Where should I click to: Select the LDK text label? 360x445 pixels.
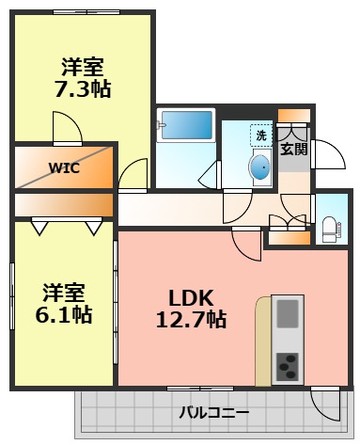[x=191, y=294]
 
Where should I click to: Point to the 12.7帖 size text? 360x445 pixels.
[x=191, y=319]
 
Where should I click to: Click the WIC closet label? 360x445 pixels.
[x=63, y=170]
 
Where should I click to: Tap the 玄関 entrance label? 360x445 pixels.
[x=293, y=149]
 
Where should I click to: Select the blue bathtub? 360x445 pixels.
[x=187, y=124]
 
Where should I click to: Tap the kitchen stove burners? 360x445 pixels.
[x=288, y=364]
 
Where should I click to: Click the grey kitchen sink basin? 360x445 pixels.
[x=288, y=313]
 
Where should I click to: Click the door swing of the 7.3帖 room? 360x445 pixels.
[x=66, y=128]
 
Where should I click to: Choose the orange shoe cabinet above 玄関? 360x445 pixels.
[x=293, y=120]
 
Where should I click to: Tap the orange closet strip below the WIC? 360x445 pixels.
[x=63, y=204]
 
